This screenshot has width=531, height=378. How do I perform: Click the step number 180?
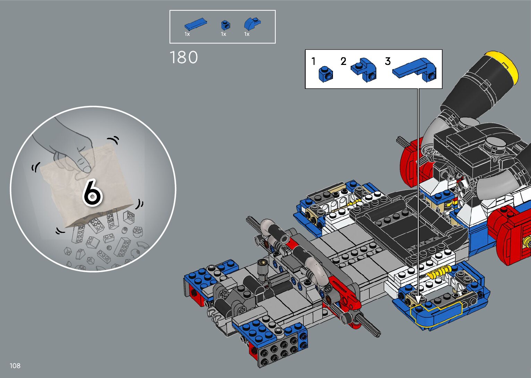point(184,57)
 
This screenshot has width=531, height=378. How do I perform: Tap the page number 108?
point(15,366)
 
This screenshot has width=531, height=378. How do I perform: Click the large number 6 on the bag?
point(93,192)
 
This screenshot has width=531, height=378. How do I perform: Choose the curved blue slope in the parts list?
point(252,24)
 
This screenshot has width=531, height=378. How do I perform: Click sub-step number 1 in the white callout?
point(314,61)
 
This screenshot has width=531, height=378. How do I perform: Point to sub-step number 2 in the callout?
point(343,61)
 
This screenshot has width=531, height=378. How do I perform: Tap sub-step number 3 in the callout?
point(388,61)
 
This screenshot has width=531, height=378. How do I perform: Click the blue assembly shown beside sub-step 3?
point(415,70)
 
